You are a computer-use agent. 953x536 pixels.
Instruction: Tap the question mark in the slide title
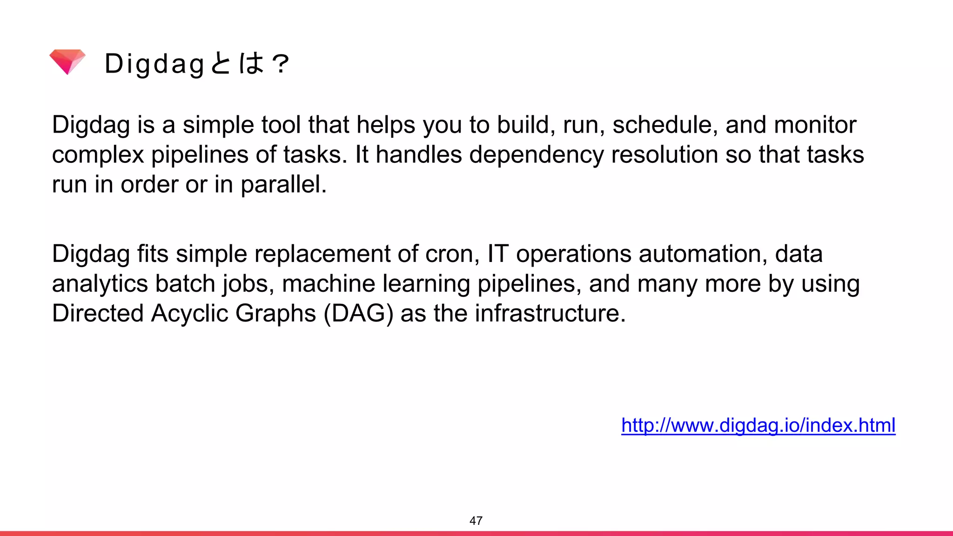(x=281, y=64)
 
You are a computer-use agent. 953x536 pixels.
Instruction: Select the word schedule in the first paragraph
(x=665, y=125)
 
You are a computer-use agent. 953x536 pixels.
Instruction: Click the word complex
(x=98, y=154)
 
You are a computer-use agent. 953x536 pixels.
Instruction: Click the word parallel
(x=283, y=184)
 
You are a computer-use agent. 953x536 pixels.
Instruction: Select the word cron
(x=452, y=254)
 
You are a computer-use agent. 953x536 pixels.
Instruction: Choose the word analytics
(x=100, y=284)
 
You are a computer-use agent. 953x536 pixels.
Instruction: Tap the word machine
(x=329, y=284)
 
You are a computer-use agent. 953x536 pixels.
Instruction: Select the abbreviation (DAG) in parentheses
(x=358, y=313)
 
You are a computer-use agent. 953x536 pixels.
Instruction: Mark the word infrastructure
(x=550, y=313)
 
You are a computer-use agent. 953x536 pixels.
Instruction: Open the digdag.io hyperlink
(x=758, y=425)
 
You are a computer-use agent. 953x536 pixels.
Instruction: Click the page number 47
(x=476, y=521)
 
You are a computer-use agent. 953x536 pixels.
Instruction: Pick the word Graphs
(x=275, y=313)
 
